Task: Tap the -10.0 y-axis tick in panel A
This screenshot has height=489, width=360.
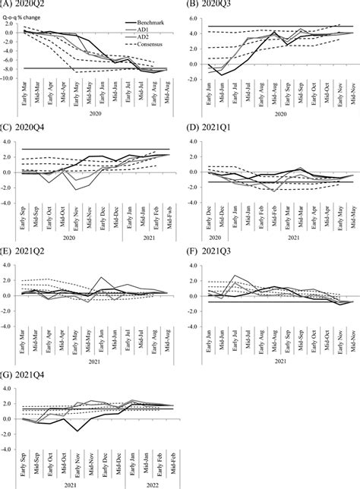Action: [10, 77]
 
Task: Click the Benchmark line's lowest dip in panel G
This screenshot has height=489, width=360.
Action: [77, 431]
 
